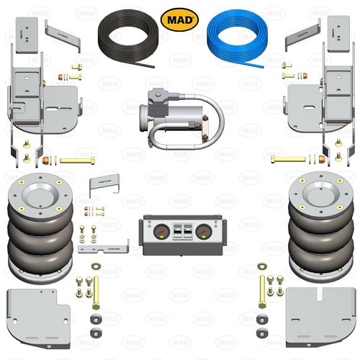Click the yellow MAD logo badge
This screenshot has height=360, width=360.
179,19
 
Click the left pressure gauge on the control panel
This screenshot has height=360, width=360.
161,232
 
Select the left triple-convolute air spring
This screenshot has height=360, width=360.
40,228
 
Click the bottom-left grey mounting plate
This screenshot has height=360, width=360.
38,319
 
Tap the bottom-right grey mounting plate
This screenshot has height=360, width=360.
321,318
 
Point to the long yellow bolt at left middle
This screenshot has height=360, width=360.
77,160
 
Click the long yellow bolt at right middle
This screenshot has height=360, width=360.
288,159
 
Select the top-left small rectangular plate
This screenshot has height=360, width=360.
27,35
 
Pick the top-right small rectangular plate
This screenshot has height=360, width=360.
338,34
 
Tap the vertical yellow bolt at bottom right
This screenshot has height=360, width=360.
262,292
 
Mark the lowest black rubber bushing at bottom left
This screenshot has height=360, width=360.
96,333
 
